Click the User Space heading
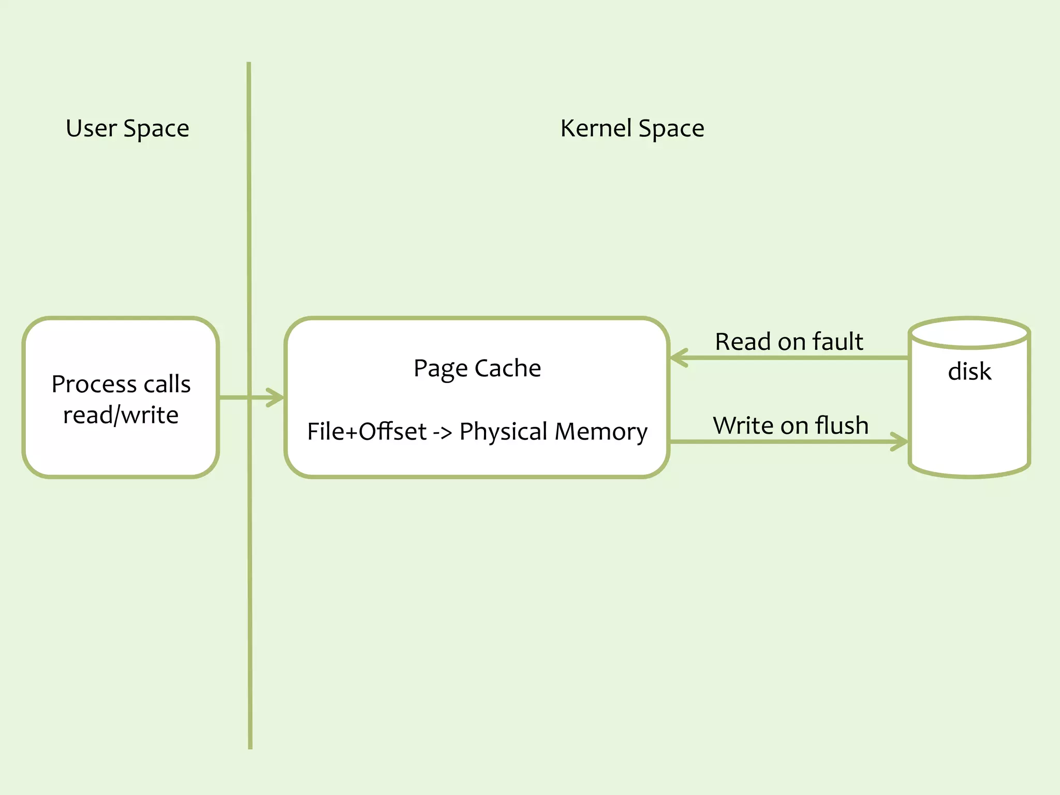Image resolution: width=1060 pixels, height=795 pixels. [127, 128]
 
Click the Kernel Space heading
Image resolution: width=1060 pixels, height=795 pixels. [632, 128]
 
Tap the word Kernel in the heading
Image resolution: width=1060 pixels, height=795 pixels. [596, 128]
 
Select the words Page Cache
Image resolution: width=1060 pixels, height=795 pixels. [477, 369]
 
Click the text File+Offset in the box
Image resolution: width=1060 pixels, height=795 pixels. [366, 432]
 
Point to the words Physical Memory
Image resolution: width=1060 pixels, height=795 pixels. [553, 432]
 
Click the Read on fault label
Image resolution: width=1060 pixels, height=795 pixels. [789, 342]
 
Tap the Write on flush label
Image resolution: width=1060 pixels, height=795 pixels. [790, 425]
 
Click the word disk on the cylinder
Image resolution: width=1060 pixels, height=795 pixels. [969, 372]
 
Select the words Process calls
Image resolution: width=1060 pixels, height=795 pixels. [121, 384]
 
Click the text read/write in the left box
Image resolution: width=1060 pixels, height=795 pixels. [121, 415]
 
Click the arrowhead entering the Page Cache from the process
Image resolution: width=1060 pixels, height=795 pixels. [277, 397]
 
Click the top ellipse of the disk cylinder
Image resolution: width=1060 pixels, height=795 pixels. [969, 333]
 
